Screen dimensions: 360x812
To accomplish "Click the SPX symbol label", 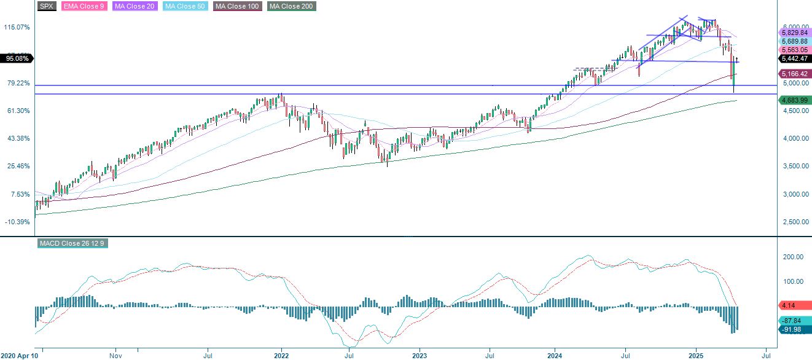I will [x=46, y=6].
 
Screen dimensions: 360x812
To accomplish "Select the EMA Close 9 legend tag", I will [x=84, y=6].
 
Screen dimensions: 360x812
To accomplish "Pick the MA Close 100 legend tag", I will [x=237, y=6].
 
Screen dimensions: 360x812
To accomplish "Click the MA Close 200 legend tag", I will [x=291, y=6].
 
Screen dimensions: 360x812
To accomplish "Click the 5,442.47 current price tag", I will [x=795, y=59].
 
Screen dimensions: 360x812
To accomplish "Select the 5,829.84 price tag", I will [x=795, y=32].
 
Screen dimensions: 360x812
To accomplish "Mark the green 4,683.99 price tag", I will [x=795, y=100].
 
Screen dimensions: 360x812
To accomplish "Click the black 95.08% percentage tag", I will [x=17, y=58].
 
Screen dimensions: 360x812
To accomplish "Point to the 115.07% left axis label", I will [x=17, y=28].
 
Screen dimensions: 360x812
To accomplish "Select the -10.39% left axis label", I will [x=17, y=222].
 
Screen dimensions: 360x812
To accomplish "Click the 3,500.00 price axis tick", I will [x=795, y=166].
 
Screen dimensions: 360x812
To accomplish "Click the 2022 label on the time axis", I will [x=281, y=355].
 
